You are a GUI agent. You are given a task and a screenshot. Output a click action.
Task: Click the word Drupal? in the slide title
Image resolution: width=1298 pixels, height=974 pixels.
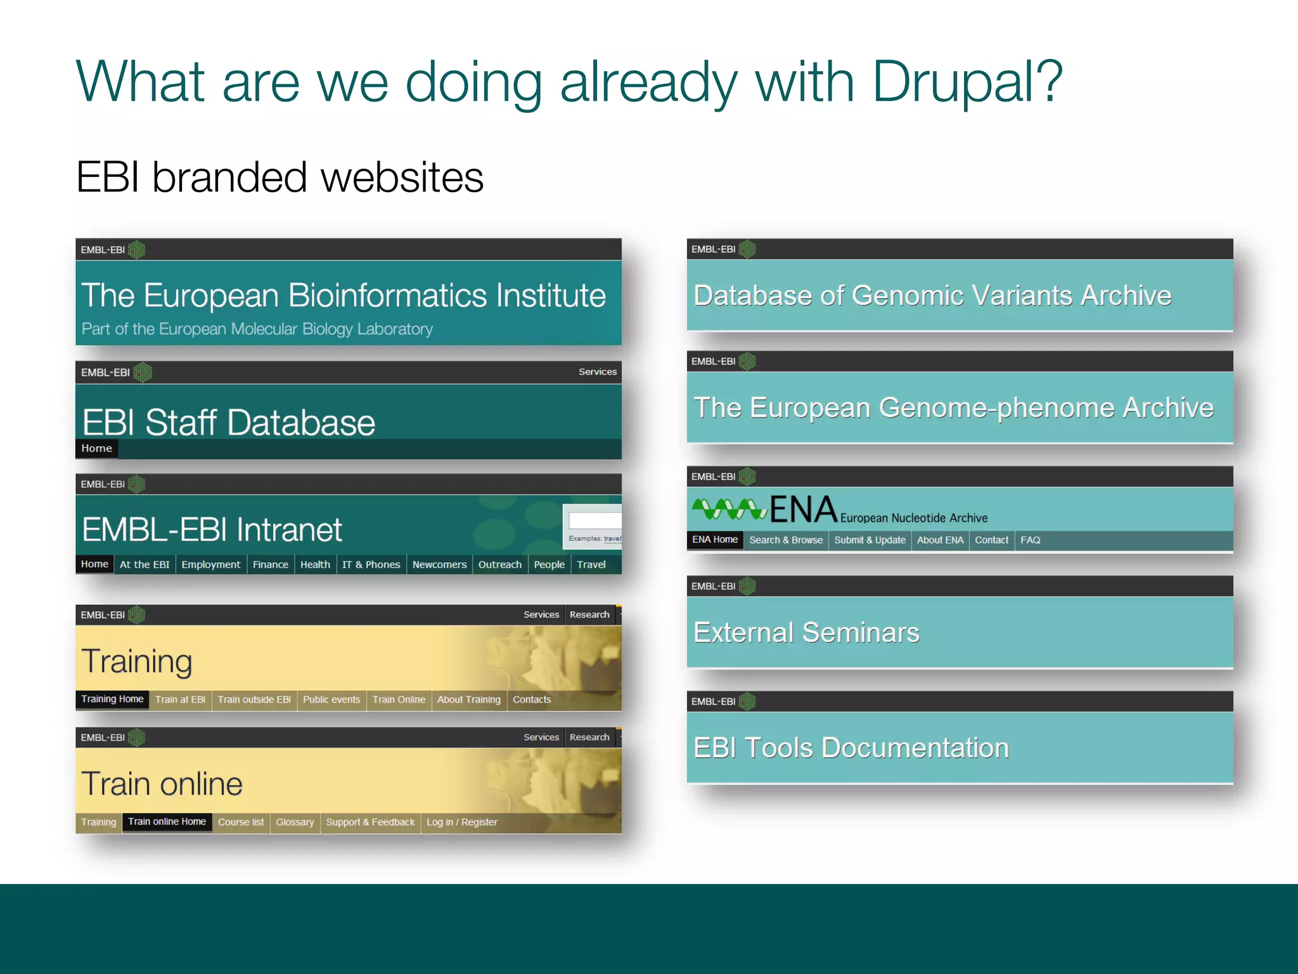[967, 82]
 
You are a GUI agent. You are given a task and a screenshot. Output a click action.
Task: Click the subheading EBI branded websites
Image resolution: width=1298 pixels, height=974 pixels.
[280, 177]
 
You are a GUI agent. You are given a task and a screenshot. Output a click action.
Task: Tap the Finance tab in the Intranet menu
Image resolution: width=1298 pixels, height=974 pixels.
[270, 564]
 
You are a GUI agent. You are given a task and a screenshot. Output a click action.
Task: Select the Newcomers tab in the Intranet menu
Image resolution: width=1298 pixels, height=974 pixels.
[439, 564]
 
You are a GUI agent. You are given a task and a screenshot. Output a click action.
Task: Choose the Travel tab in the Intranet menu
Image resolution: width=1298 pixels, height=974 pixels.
[591, 564]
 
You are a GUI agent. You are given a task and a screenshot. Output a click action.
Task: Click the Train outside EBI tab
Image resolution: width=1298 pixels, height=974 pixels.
[254, 699]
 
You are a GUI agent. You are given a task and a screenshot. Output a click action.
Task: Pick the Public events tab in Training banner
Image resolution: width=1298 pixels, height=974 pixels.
[331, 699]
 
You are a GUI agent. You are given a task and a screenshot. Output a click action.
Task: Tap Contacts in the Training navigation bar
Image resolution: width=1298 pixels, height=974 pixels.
[532, 699]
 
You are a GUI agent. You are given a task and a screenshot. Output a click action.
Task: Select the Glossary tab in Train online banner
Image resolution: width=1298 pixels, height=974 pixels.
[295, 822]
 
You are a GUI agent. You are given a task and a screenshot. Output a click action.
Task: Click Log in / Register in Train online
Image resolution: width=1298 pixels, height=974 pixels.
[462, 822]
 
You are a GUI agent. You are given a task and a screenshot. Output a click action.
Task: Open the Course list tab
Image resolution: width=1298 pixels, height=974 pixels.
[241, 822]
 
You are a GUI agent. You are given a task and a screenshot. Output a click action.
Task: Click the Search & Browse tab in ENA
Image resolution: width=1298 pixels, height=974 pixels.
[786, 540]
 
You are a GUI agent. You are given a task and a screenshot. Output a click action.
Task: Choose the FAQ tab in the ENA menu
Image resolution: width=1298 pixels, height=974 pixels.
[1030, 540]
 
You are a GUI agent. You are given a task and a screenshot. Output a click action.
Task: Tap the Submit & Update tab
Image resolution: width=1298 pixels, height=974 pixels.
[870, 540]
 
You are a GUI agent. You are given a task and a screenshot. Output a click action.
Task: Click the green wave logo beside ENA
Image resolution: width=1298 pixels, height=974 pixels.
[729, 509]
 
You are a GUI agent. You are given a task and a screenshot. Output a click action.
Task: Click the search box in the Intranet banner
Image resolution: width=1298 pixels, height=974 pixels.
[594, 521]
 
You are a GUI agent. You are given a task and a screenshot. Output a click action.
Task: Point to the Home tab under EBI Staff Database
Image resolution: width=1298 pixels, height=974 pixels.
[96, 448]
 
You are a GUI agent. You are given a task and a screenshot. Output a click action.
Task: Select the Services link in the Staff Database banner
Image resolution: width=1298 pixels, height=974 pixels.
[597, 372]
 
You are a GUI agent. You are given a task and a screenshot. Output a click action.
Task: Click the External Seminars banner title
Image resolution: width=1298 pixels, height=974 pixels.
[806, 632]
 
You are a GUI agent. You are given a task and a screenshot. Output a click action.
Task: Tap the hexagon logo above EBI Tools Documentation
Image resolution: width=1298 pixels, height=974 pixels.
[747, 701]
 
